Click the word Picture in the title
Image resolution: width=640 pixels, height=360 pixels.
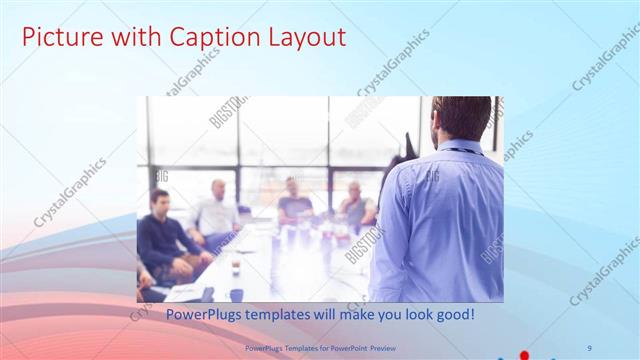point(61,38)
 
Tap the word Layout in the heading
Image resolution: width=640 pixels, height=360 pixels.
point(306,38)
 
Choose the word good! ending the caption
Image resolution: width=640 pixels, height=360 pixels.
point(452,315)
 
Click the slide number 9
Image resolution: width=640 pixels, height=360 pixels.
point(589,346)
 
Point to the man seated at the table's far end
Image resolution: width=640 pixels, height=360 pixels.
point(294,200)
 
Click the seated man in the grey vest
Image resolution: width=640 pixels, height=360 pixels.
point(356,205)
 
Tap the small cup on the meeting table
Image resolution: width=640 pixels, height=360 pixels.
point(236,265)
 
